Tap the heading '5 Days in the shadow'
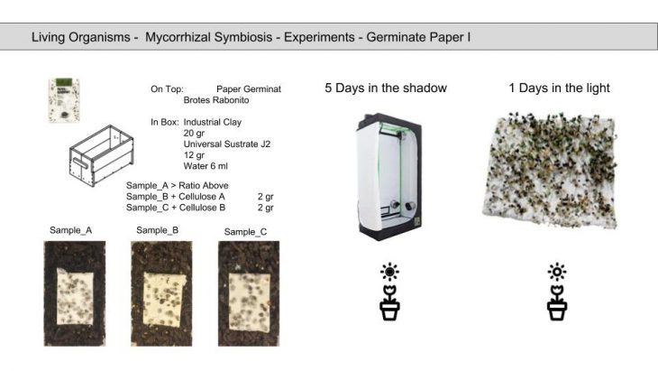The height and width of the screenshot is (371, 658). coord(385,88)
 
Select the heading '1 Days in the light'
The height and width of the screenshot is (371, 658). coord(559,88)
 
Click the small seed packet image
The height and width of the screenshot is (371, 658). coord(63,100)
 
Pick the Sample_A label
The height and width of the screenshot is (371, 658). coord(69,230)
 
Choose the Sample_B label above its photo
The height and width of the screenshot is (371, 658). coord(158,230)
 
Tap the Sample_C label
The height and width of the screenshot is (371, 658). coord(245,232)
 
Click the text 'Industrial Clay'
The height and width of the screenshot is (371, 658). coord(212,121)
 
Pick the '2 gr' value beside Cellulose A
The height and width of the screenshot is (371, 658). coord(265,196)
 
